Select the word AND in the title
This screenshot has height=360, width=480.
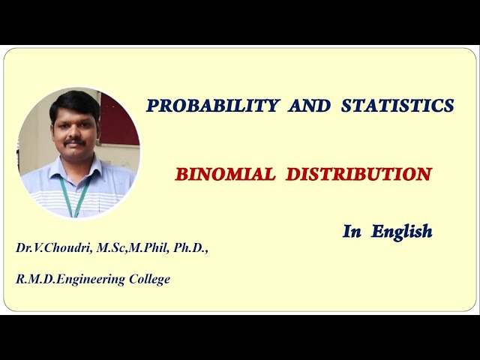click(309, 106)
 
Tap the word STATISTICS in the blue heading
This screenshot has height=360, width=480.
click(397, 106)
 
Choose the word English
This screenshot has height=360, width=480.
click(400, 231)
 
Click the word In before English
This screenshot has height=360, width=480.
click(352, 231)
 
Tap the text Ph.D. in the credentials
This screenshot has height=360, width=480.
click(190, 247)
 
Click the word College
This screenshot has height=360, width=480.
click(148, 279)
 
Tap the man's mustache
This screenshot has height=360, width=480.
click(73, 142)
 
